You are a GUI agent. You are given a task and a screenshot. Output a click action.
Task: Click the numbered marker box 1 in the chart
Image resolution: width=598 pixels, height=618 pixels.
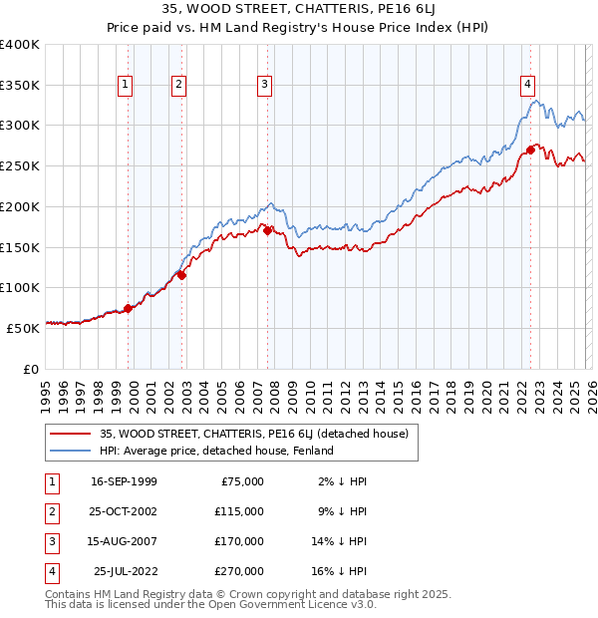point(126,86)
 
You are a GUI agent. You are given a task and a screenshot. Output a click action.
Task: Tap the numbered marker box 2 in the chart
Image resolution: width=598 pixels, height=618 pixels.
point(178,86)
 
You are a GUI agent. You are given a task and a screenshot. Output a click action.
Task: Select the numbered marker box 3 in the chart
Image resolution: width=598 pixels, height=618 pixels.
point(265,86)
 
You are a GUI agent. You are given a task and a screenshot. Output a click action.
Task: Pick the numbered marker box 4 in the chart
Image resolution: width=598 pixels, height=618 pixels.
point(527,86)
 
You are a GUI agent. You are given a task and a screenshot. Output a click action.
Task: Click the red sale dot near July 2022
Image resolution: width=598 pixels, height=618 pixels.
point(530,152)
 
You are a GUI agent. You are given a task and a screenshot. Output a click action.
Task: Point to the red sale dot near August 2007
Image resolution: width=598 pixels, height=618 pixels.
point(268,231)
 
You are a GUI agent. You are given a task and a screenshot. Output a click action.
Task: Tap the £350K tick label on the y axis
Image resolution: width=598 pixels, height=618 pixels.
point(20,86)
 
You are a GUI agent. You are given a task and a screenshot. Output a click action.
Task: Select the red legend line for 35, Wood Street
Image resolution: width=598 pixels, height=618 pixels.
point(70,434)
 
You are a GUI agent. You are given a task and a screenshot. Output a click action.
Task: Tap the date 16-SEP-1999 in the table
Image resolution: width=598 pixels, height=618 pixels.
point(123,481)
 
